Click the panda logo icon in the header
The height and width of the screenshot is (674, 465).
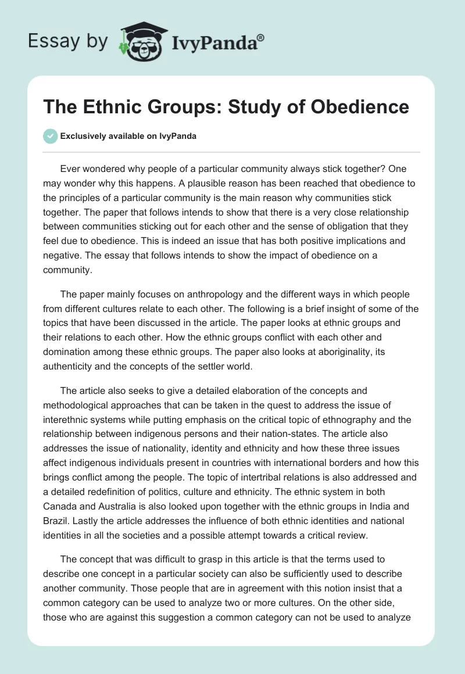click(139, 41)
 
